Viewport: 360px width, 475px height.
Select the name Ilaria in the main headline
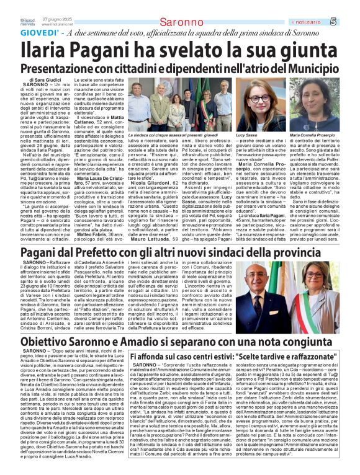point(52,50)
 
